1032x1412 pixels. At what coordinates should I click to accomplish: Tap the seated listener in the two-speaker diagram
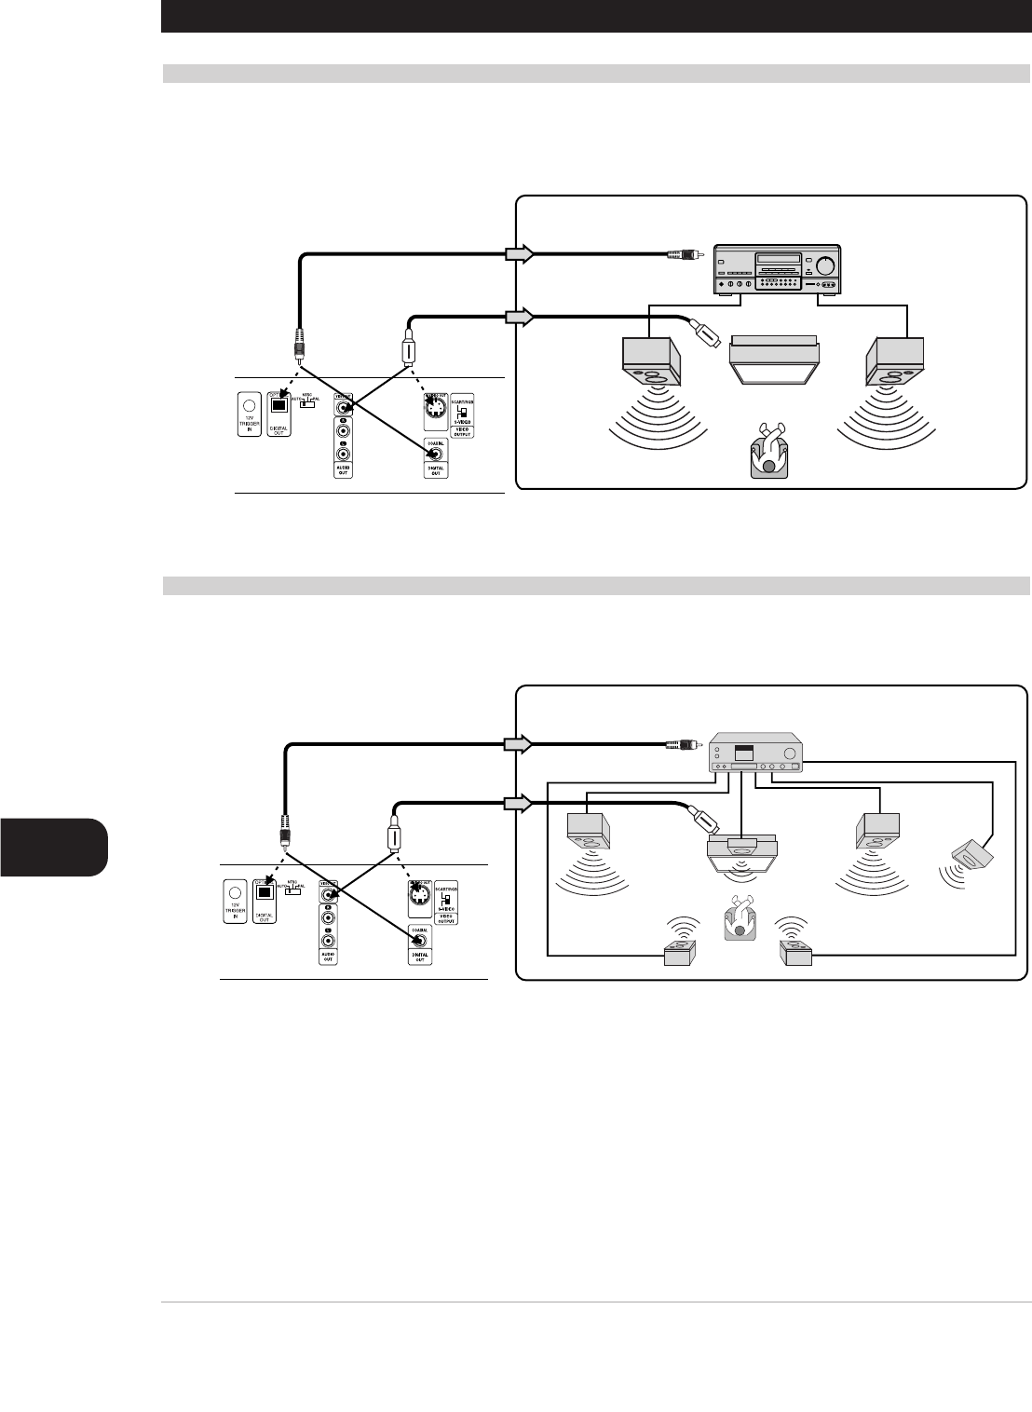pyautogui.click(x=768, y=452)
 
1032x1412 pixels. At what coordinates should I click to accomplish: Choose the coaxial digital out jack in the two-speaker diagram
pyautogui.click(x=435, y=454)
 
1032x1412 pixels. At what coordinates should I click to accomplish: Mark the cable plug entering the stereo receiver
pyautogui.click(x=686, y=252)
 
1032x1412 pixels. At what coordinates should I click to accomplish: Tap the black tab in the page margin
pyautogui.click(x=54, y=847)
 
